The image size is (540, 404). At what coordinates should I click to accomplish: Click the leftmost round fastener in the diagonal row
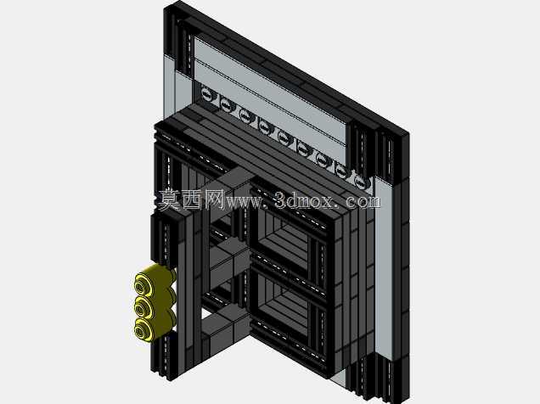tap(206, 93)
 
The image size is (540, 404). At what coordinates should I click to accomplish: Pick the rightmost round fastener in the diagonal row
tap(360, 182)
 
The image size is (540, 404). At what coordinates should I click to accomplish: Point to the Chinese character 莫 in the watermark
tap(170, 199)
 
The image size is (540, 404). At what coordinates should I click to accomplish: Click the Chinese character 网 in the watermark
tap(213, 199)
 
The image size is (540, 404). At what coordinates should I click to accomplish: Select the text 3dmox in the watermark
tap(304, 200)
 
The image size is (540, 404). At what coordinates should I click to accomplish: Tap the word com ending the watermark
tap(363, 201)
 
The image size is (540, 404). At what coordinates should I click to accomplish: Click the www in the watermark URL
tap(243, 202)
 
